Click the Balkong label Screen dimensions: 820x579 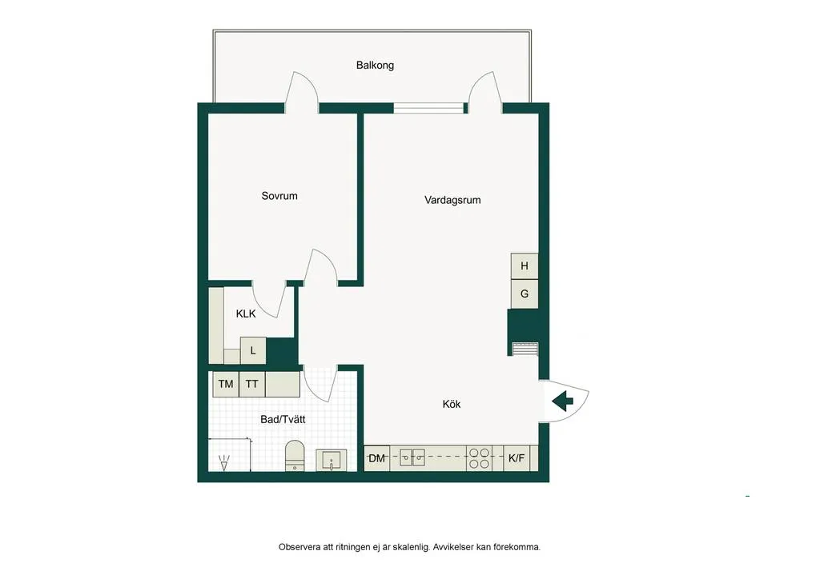tap(375, 66)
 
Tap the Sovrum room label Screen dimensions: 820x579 tap(279, 196)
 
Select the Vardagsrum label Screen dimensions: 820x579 tap(452, 200)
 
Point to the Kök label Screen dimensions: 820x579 tap(452, 404)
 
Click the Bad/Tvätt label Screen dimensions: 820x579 tap(283, 419)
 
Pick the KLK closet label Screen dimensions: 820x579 tap(246, 313)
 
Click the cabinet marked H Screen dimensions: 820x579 tap(525, 266)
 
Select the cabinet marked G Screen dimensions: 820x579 tap(525, 294)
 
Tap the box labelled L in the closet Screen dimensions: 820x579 tap(253, 350)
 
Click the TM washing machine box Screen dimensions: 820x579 tap(226, 384)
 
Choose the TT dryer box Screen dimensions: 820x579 tap(252, 384)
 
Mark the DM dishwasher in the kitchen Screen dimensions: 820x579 tap(377, 458)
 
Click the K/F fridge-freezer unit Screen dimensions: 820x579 tap(517, 458)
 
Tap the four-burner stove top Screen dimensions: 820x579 tap(479, 458)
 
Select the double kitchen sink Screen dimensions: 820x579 tap(412, 458)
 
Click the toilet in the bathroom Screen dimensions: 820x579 tap(295, 456)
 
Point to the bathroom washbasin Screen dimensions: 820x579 tap(331, 461)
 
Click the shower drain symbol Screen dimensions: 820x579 tap(224, 462)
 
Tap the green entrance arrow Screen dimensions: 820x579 tap(563, 401)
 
